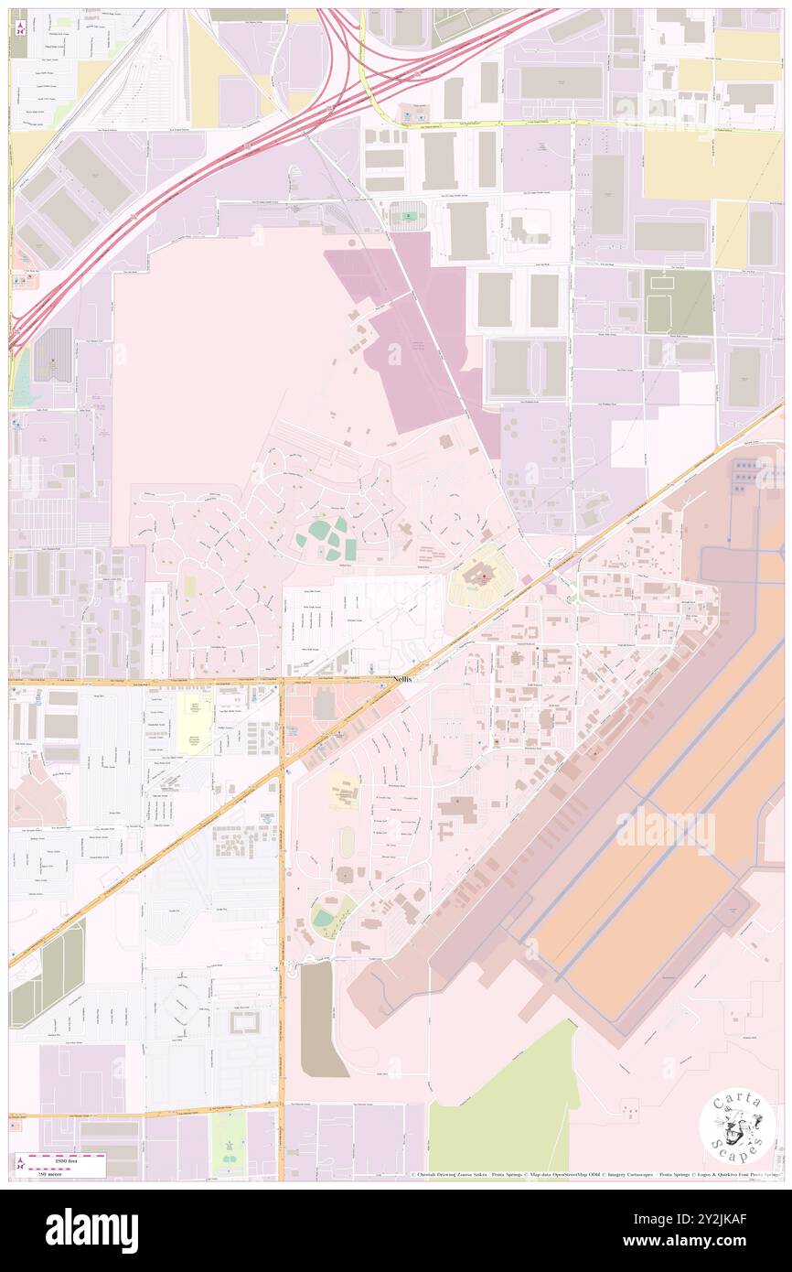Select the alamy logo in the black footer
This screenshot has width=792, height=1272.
[91, 1230]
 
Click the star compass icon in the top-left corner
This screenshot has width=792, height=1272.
[20, 27]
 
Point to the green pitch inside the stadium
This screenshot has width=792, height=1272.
[409, 217]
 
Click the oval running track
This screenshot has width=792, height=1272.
[345, 840]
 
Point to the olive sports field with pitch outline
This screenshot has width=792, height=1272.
[678, 303]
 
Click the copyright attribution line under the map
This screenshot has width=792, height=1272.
[594, 1174]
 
